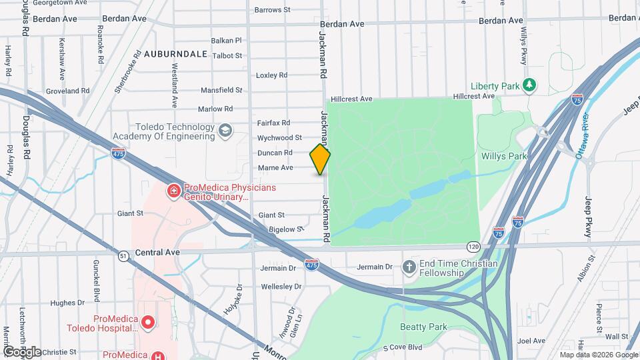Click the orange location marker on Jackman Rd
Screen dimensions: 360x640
pyautogui.click(x=320, y=159)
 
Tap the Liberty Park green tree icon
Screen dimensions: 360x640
pyautogui.click(x=529, y=85)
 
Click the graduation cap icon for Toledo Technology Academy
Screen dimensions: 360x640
pyautogui.click(x=225, y=131)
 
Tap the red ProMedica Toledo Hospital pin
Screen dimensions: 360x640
pyautogui.click(x=149, y=323)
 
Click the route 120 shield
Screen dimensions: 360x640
pyautogui.click(x=473, y=246)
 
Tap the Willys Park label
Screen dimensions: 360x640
pyautogui.click(x=504, y=157)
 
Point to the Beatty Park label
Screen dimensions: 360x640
pyautogui.click(x=423, y=327)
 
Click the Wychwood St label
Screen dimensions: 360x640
pyautogui.click(x=279, y=137)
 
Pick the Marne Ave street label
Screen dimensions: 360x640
pyautogui.click(x=275, y=167)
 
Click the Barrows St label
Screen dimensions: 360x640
pyautogui.click(x=272, y=10)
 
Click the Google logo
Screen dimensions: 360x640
pyautogui.click(x=22, y=351)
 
